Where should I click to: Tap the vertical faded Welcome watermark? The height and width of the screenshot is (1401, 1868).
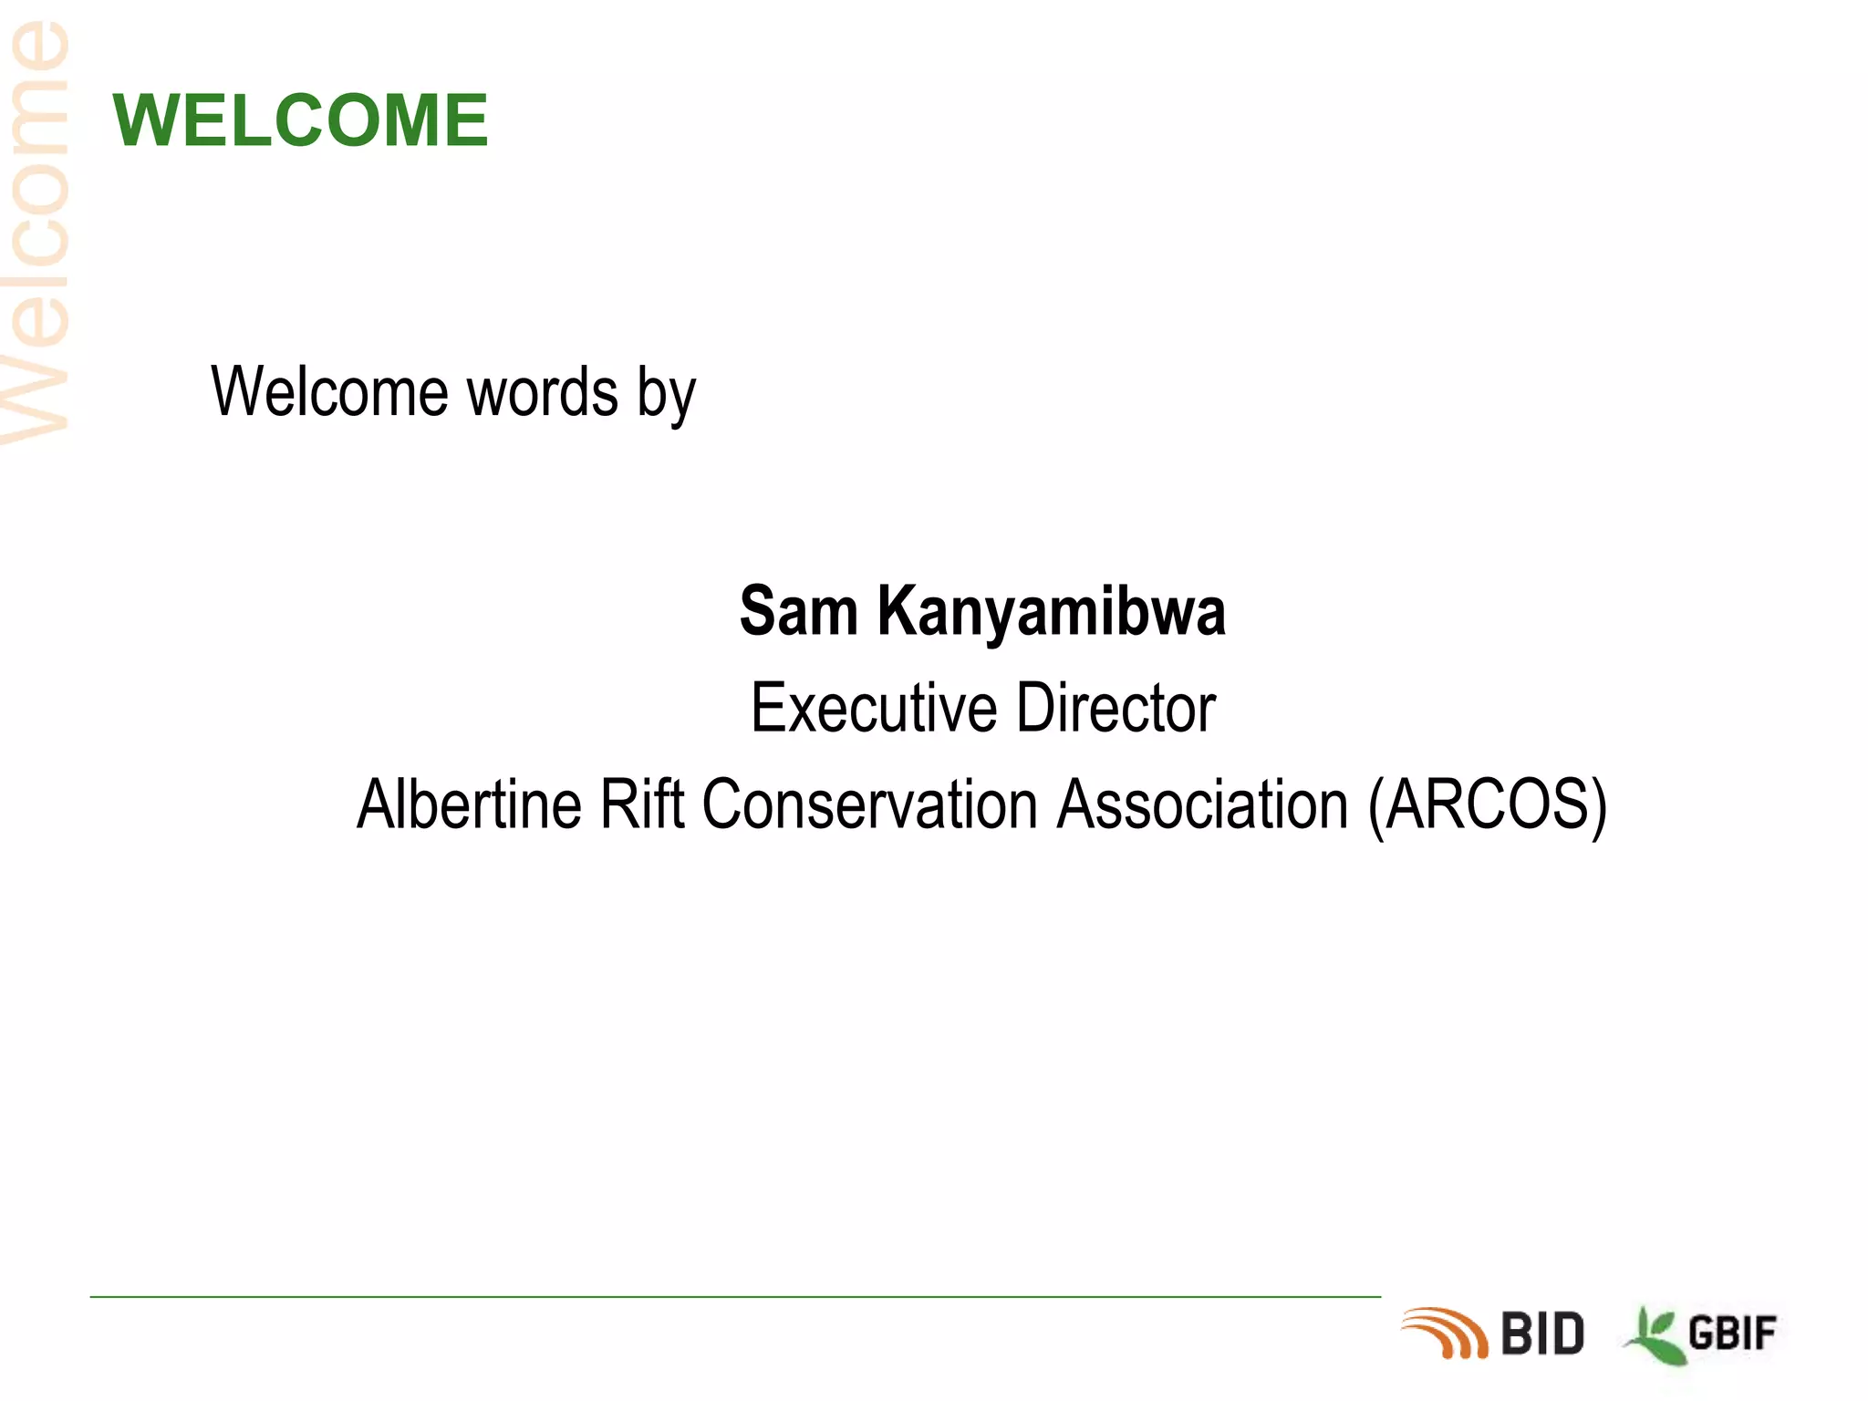(36, 233)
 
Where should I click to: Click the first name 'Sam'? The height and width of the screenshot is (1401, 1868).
(799, 611)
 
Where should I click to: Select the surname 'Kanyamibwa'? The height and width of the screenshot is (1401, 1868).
(1051, 613)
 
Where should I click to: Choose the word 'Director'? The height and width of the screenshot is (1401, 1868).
(1116, 708)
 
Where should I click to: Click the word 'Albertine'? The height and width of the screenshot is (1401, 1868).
(469, 804)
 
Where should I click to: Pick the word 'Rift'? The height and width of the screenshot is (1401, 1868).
(641, 804)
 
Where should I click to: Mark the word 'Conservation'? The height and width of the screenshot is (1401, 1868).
(870, 804)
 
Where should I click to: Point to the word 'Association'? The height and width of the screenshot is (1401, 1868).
(1202, 804)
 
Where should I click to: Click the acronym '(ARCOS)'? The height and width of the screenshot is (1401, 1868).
(1487, 806)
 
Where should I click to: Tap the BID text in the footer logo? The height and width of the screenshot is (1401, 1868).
(1542, 1334)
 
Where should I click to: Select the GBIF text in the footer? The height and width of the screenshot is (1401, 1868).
(1731, 1334)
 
